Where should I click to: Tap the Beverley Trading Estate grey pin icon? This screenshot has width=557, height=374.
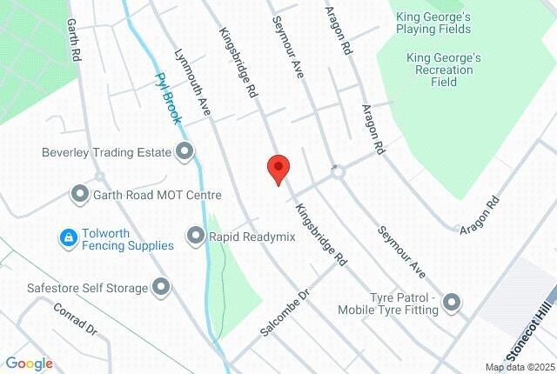click(185, 152)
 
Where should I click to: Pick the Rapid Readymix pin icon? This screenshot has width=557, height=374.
click(195, 236)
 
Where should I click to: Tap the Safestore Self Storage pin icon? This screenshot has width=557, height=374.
click(161, 286)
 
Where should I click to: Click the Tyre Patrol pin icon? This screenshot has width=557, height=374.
click(451, 303)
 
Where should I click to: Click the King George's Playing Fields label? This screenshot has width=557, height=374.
click(433, 23)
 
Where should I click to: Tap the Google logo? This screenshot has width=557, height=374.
click(29, 364)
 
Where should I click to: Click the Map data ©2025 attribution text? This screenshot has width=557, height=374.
click(519, 367)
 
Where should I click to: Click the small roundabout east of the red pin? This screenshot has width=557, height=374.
click(338, 172)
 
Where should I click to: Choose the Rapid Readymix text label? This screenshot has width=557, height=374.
click(252, 237)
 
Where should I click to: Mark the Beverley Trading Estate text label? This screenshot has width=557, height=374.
click(105, 152)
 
